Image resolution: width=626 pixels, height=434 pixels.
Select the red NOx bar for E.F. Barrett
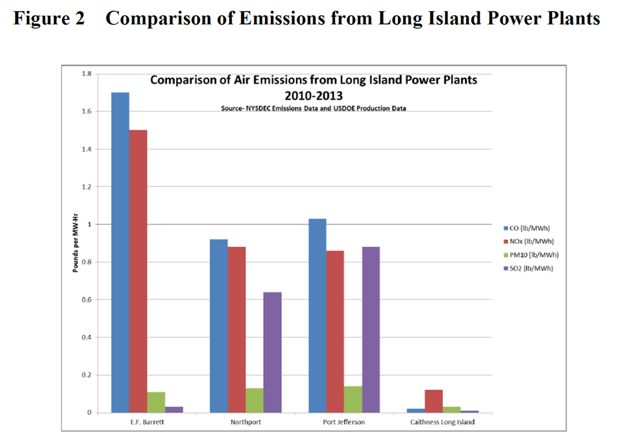click(138, 271)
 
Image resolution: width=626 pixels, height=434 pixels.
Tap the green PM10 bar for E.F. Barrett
click(156, 402)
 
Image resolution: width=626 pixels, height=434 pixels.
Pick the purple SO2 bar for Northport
click(272, 352)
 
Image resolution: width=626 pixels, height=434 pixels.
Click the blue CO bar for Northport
click(218, 325)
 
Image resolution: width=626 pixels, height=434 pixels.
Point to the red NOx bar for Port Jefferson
click(335, 331)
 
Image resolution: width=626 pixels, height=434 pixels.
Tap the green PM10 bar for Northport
click(254, 400)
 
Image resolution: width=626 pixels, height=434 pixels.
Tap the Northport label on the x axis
click(245, 422)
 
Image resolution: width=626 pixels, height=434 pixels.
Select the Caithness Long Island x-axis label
click(443, 422)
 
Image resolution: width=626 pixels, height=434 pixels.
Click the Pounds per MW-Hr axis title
click(75, 243)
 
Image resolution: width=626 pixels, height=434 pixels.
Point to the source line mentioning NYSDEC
click(313, 108)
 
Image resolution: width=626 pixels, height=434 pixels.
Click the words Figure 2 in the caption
click(49, 19)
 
